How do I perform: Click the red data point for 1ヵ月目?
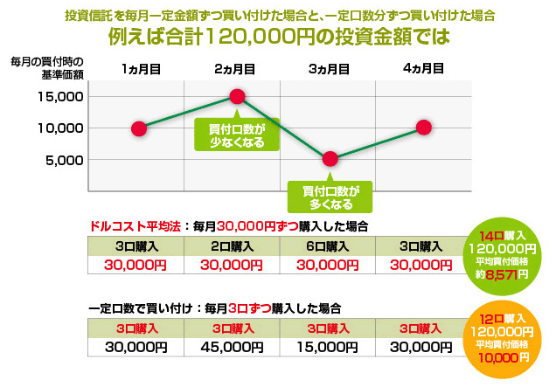(x=138, y=128)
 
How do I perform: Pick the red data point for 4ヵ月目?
(x=423, y=127)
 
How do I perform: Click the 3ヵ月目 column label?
(x=329, y=68)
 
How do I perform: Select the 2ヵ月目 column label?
(x=234, y=68)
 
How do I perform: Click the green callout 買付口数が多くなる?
(x=330, y=197)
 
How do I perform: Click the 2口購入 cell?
(x=233, y=247)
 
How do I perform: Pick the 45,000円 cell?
(x=233, y=347)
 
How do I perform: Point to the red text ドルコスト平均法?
(x=134, y=225)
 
